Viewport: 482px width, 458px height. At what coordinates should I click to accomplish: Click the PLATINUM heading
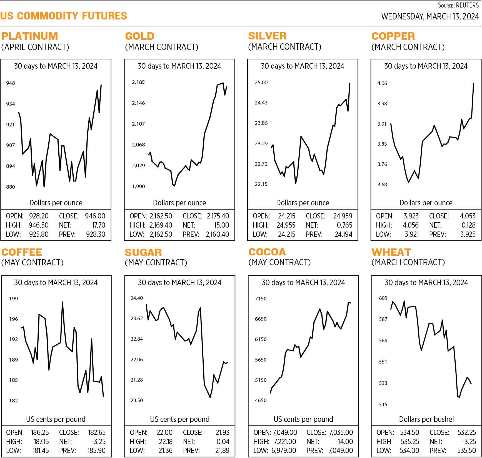pyautogui.click(x=30, y=36)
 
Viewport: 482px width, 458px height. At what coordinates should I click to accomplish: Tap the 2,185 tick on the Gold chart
pyautogui.click(x=138, y=82)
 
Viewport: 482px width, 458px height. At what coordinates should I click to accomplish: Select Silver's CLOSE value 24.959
pyautogui.click(x=343, y=216)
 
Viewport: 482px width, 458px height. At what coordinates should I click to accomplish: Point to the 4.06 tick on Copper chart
pyautogui.click(x=382, y=83)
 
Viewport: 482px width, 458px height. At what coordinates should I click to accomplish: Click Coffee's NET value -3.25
pyautogui.click(x=99, y=442)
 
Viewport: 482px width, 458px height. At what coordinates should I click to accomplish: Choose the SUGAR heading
pyautogui.click(x=143, y=252)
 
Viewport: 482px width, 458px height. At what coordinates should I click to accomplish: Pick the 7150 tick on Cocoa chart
pyautogui.click(x=261, y=299)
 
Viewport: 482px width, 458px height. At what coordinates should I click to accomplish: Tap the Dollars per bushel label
pyautogui.click(x=426, y=419)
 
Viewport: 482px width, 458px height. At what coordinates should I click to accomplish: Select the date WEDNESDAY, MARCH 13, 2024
pyautogui.click(x=430, y=17)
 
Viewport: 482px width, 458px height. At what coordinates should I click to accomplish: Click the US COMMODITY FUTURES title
pyautogui.click(x=64, y=16)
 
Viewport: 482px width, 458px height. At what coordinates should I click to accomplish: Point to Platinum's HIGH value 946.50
pyautogui.click(x=39, y=225)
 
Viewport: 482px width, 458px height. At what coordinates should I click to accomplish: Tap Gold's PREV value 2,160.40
pyautogui.click(x=217, y=234)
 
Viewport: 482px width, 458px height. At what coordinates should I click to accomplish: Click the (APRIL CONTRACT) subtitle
pyautogui.click(x=35, y=47)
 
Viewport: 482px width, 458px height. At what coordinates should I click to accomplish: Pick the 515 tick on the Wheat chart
pyautogui.click(x=383, y=405)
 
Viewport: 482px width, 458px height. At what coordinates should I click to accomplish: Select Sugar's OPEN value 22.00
pyautogui.click(x=164, y=432)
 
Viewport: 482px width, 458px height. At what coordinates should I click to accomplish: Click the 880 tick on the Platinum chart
pyautogui.click(x=11, y=187)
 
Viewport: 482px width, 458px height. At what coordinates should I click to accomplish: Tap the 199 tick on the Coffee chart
pyautogui.click(x=13, y=299)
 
